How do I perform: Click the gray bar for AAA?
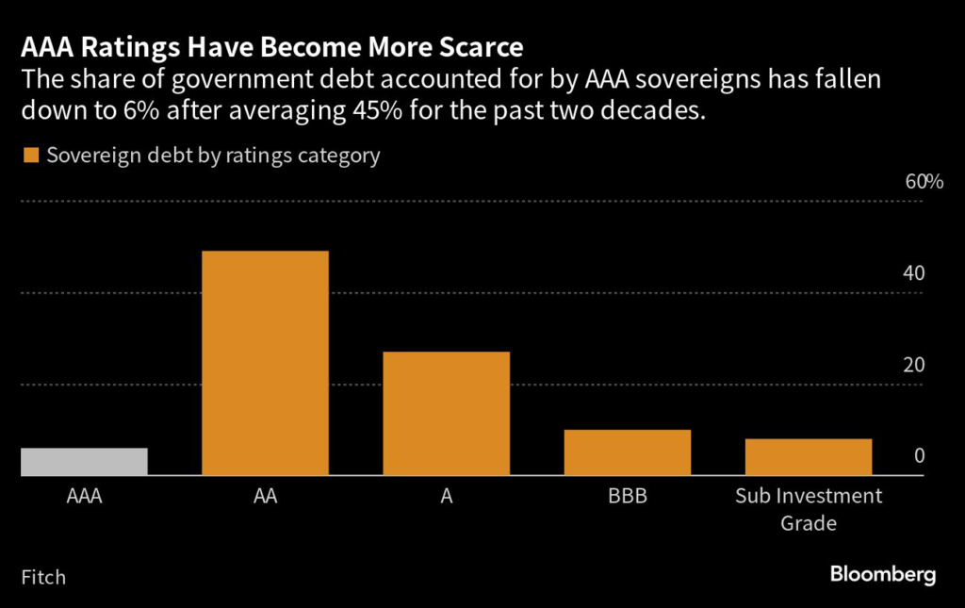[84, 462]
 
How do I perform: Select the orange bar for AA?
[265, 363]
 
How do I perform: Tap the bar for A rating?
[446, 414]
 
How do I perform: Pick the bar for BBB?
[627, 452]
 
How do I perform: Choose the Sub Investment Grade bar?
[808, 457]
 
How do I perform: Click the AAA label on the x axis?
[84, 496]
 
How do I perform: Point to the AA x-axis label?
[265, 496]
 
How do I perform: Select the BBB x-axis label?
[627, 496]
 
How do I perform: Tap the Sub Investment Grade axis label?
[808, 508]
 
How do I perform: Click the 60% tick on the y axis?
[924, 182]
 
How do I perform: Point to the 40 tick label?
[913, 273]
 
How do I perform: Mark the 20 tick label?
[913, 365]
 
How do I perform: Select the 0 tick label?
[919, 456]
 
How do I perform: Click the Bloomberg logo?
[882, 575]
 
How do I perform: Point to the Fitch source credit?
[43, 576]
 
